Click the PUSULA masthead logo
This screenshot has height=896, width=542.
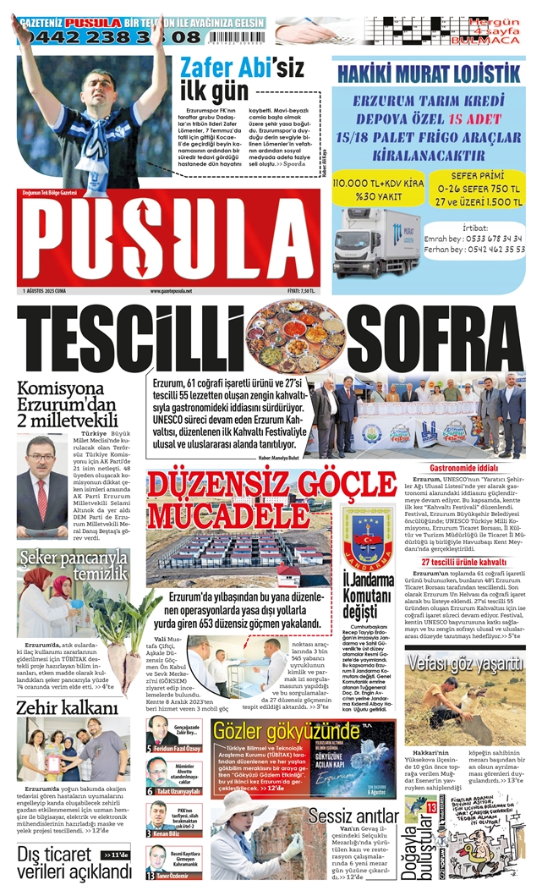pyautogui.click(x=169, y=240)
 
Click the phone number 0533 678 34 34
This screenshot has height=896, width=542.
pyautogui.click(x=485, y=239)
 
